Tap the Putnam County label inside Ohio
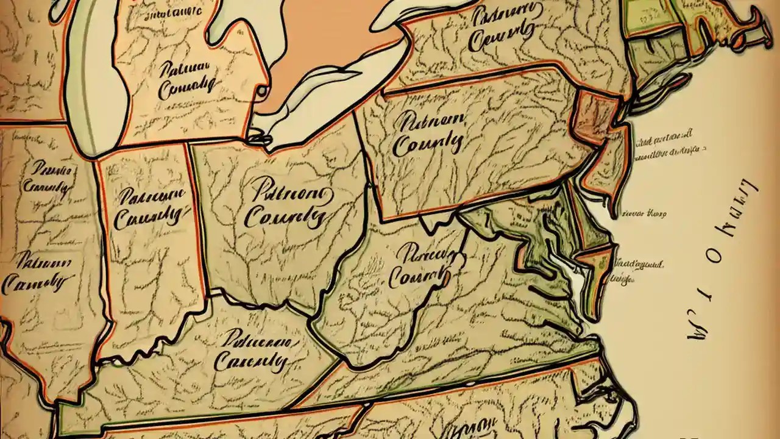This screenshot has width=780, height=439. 286,204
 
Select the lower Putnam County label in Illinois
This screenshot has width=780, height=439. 37,273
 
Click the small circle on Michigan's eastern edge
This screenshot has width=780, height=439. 262,91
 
